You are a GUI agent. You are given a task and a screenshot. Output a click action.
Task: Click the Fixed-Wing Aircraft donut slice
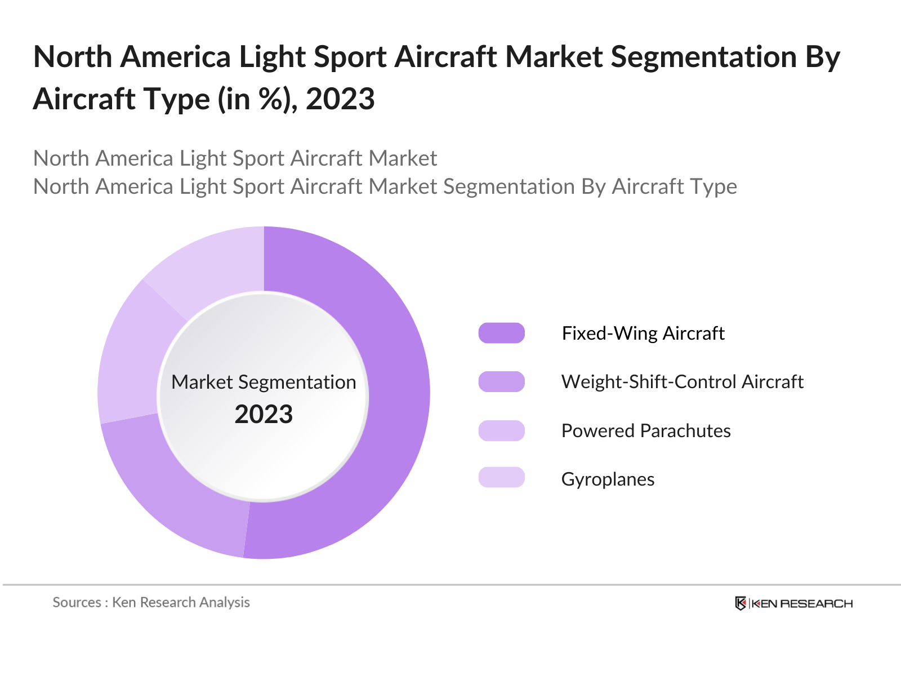pos(394,394)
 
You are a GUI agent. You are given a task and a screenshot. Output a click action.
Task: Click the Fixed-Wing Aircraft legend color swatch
pos(501,333)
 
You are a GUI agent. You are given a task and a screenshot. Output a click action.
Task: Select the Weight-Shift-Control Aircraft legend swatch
pos(501,381)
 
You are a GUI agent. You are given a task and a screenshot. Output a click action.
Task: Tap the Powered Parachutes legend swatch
pos(501,430)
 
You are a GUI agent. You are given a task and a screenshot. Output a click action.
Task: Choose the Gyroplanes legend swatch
pos(501,477)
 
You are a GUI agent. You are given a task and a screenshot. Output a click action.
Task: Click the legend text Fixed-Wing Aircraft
pos(643,333)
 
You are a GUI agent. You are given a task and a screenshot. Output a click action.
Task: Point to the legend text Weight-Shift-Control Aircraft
pos(682,381)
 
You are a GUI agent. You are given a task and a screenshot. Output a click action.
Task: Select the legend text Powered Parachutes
pos(646,430)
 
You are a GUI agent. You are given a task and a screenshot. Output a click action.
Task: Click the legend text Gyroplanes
pos(608,479)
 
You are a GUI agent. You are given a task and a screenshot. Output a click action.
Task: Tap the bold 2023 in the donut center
pos(264,415)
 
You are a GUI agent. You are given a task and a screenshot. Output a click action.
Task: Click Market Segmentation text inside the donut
pos(264,382)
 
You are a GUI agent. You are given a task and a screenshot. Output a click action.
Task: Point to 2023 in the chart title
pos(340,99)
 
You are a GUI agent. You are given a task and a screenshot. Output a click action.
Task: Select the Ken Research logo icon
pos(741,603)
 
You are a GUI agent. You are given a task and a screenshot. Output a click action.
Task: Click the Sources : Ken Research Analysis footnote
pos(151,602)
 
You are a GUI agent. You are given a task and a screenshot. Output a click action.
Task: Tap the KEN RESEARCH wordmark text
pos(802,604)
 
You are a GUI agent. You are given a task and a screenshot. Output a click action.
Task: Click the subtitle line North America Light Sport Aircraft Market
pos(235,158)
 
